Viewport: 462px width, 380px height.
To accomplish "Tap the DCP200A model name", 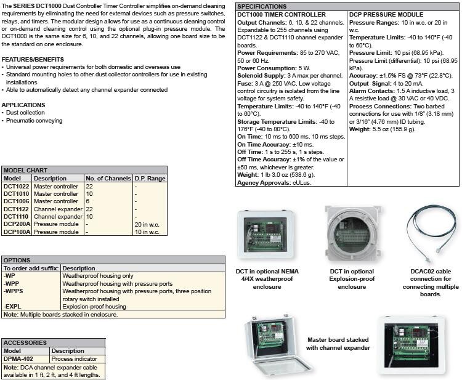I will pos(16,225).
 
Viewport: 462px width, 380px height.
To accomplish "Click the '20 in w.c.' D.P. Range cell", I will pos(147,225).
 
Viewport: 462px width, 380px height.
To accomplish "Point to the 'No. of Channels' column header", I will pos(108,179).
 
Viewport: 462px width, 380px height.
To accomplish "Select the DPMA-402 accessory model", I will pos(19,358).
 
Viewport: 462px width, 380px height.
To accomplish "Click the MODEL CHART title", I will pos(25,170).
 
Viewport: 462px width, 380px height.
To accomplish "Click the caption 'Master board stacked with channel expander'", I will pos(338,344).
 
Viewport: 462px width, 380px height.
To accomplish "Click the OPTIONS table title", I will pos(17,261).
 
